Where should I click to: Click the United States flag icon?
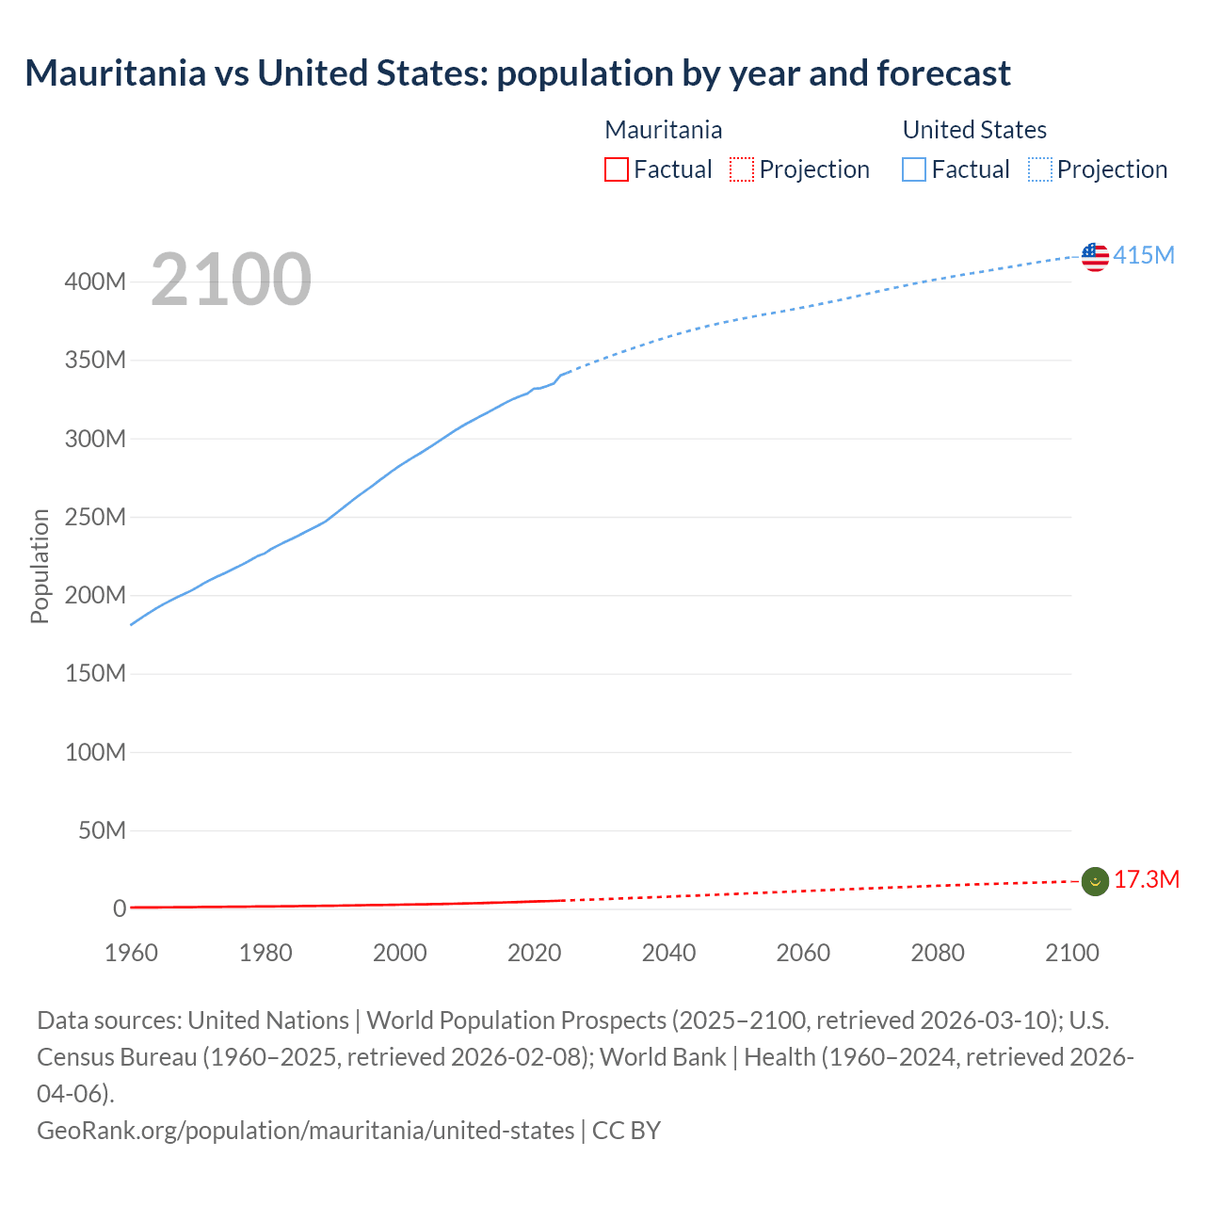[1095, 257]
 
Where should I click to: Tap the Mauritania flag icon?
[1095, 881]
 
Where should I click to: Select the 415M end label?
[1144, 255]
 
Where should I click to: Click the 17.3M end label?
[1146, 879]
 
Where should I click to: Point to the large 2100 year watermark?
[231, 279]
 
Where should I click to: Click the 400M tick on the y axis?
[95, 281]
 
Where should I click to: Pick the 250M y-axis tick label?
[95, 517]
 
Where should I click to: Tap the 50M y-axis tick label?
[102, 830]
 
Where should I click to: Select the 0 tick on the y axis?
[120, 908]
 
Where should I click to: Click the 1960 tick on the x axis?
[131, 953]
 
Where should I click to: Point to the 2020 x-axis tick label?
[534, 953]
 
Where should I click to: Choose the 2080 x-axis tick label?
[938, 953]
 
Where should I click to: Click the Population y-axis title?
[40, 566]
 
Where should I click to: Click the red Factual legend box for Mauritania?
[616, 169]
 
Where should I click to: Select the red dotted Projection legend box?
[742, 169]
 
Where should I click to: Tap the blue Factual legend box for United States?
[913, 169]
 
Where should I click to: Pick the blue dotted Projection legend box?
[1039, 169]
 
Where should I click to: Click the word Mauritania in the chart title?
[115, 72]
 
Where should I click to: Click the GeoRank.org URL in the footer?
[305, 1130]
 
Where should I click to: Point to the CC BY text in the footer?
[627, 1130]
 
